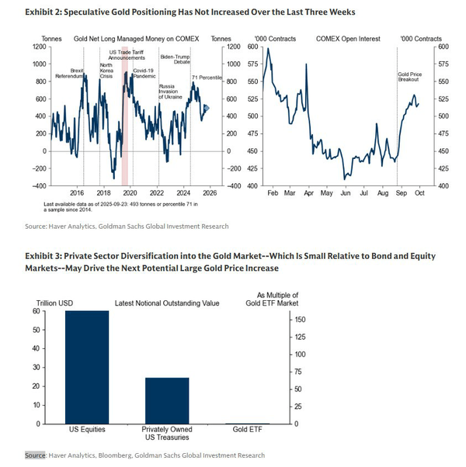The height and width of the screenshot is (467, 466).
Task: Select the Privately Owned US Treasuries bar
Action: tap(168, 400)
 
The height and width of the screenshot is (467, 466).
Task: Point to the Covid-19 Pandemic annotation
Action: tap(145, 74)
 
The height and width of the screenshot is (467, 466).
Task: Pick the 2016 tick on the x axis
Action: tap(77, 192)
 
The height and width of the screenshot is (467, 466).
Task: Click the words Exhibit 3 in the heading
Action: tap(45, 256)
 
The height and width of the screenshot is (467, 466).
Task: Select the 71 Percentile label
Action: tap(207, 78)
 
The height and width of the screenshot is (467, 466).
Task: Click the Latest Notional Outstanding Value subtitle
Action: tap(167, 303)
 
